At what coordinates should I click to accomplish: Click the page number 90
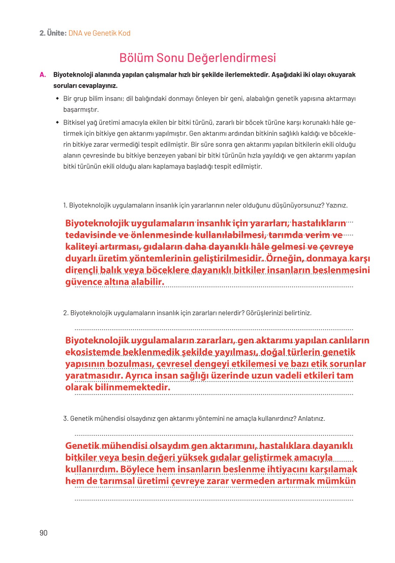44,533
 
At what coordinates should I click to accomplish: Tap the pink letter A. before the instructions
43,75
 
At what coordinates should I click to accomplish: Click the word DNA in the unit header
75,33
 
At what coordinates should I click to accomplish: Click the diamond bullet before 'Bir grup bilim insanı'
58,99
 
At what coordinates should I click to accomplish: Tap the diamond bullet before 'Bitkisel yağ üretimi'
58,123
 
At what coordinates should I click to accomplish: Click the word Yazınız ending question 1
336,205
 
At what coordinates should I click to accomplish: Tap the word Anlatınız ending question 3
311,418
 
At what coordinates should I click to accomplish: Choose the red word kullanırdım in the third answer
91,469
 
